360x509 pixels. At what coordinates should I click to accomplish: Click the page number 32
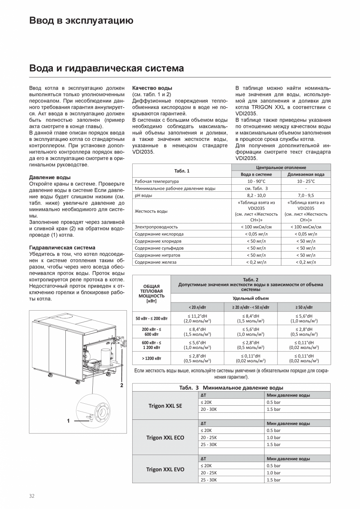coord(32,496)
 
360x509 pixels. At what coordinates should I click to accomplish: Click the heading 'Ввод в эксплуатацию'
coord(81,20)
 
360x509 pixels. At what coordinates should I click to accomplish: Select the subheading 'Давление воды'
coord(50,177)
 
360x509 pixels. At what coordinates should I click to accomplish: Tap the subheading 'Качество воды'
coord(152,88)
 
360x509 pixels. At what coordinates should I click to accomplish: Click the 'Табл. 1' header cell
coord(182,171)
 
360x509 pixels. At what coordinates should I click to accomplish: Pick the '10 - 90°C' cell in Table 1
coord(256,181)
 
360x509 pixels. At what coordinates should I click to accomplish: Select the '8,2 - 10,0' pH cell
coord(256,195)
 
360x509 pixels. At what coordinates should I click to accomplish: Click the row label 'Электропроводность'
coord(156,227)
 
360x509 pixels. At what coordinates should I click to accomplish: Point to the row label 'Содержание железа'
coord(155,262)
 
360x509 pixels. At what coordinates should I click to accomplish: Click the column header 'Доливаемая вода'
coord(306,174)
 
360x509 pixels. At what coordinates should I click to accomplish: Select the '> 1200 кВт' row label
coord(151,358)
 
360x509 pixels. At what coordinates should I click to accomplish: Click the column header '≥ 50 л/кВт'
coord(304,308)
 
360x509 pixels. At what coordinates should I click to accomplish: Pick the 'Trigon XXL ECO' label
coord(165,437)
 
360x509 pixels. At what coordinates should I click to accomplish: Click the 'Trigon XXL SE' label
coord(165,406)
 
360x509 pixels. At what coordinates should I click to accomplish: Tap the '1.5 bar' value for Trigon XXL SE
coord(274,409)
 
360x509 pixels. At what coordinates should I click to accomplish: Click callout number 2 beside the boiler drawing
coord(122,385)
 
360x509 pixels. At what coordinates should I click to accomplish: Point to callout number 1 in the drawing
coord(68,421)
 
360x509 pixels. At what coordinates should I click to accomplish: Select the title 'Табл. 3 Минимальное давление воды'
coord(231,388)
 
